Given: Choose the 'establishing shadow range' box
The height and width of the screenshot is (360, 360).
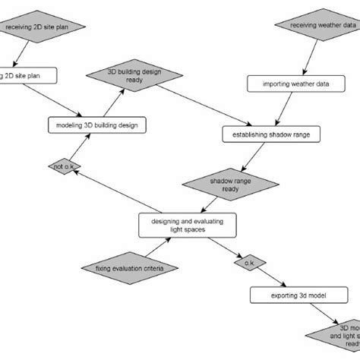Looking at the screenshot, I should (x=265, y=134).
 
